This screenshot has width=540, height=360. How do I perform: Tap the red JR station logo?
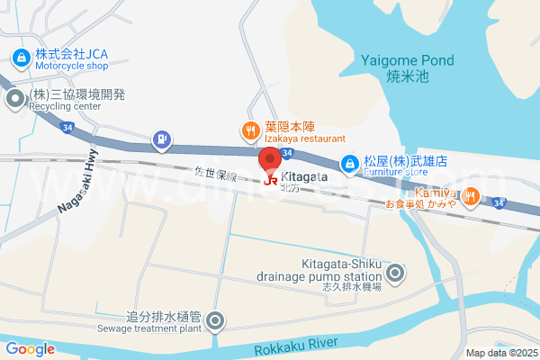[x=271, y=180]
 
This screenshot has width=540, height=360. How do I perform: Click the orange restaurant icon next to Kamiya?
[x=470, y=193]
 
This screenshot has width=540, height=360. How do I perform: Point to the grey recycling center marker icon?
[x=15, y=99]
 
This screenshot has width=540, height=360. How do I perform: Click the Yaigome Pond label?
[x=408, y=60]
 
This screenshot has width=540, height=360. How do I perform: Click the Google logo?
[x=30, y=349]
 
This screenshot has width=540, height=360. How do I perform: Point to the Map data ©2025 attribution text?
[x=500, y=353]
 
